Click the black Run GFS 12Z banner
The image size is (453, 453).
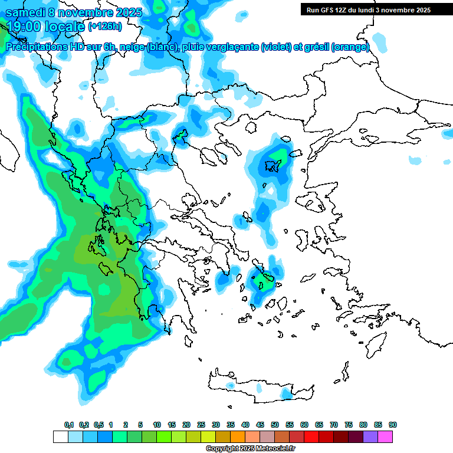(x=366, y=9)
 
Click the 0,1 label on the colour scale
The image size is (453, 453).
(x=69, y=425)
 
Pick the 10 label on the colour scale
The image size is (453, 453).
(x=157, y=425)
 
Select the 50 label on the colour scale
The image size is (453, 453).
(x=275, y=425)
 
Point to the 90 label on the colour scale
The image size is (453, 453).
(x=393, y=425)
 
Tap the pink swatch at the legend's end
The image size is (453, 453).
(x=385, y=436)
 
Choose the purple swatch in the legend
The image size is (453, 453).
(x=370, y=436)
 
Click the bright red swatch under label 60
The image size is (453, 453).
(x=311, y=436)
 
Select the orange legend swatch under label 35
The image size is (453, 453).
(x=238, y=436)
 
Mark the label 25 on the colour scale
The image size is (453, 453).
(x=201, y=425)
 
